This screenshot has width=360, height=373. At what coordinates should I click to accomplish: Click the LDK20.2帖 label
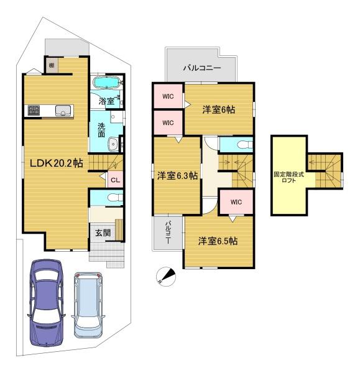point(56,163)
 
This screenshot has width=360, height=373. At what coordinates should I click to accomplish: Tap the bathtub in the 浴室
point(106,83)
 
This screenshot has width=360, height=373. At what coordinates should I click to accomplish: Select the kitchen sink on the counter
point(63,111)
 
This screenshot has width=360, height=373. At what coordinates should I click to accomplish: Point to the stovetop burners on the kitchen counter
point(34,111)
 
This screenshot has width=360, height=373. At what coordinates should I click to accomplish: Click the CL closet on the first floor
point(116,180)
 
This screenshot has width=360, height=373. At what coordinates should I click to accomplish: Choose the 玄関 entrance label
point(103,233)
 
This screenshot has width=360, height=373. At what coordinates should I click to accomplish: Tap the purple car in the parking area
point(46,302)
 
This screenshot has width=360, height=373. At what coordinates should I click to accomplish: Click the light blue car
point(88,305)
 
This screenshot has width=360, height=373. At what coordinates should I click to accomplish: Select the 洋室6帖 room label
point(219,109)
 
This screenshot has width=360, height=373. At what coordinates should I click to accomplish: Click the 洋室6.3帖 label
point(177,176)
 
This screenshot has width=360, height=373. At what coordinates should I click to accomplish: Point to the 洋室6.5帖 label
point(218,241)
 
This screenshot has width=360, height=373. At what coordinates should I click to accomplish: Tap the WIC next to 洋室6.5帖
point(236,202)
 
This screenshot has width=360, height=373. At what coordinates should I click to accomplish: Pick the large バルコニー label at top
point(202,68)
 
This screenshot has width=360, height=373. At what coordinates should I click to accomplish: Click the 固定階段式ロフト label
point(289,177)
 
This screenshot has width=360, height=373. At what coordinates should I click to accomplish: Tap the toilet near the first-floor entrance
point(115,198)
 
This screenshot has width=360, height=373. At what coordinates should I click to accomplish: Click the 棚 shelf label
point(52,65)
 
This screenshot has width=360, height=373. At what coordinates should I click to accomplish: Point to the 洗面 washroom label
point(101,130)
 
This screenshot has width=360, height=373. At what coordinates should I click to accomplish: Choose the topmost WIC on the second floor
point(168,96)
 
